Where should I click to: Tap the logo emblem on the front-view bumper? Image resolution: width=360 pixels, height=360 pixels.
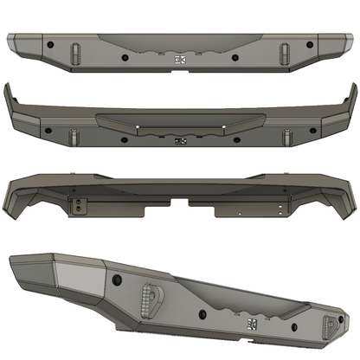pos(180,60)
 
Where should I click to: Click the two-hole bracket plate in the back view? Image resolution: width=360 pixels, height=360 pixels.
pos(80,205)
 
